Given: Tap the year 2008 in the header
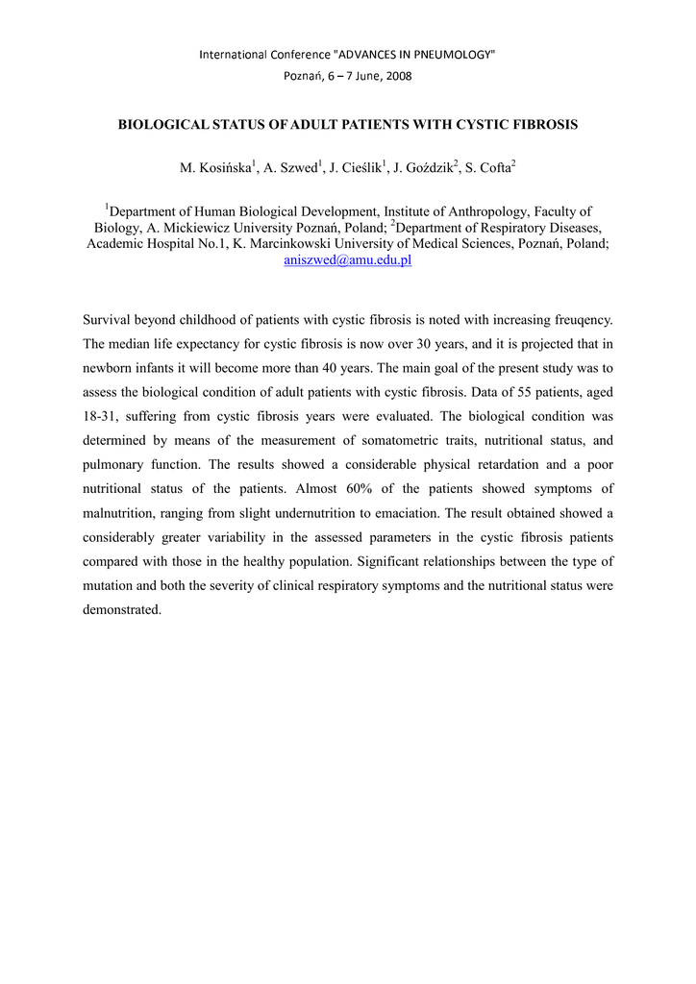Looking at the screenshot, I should point(397,76).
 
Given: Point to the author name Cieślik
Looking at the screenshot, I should point(360,169).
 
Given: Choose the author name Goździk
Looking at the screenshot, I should point(428,169).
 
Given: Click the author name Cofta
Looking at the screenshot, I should point(492,169).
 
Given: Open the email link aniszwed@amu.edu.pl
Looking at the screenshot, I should point(347,260).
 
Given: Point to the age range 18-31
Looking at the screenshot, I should point(101,417).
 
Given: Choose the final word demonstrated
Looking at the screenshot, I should point(123,609).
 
